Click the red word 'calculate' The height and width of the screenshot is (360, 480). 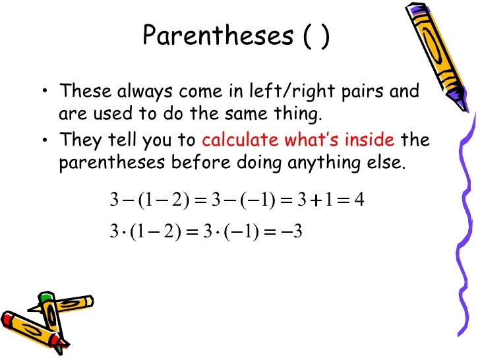(240, 140)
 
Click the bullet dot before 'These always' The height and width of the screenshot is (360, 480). (44, 91)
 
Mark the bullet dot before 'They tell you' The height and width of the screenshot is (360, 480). (44, 140)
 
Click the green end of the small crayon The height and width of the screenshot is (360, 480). (45, 298)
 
